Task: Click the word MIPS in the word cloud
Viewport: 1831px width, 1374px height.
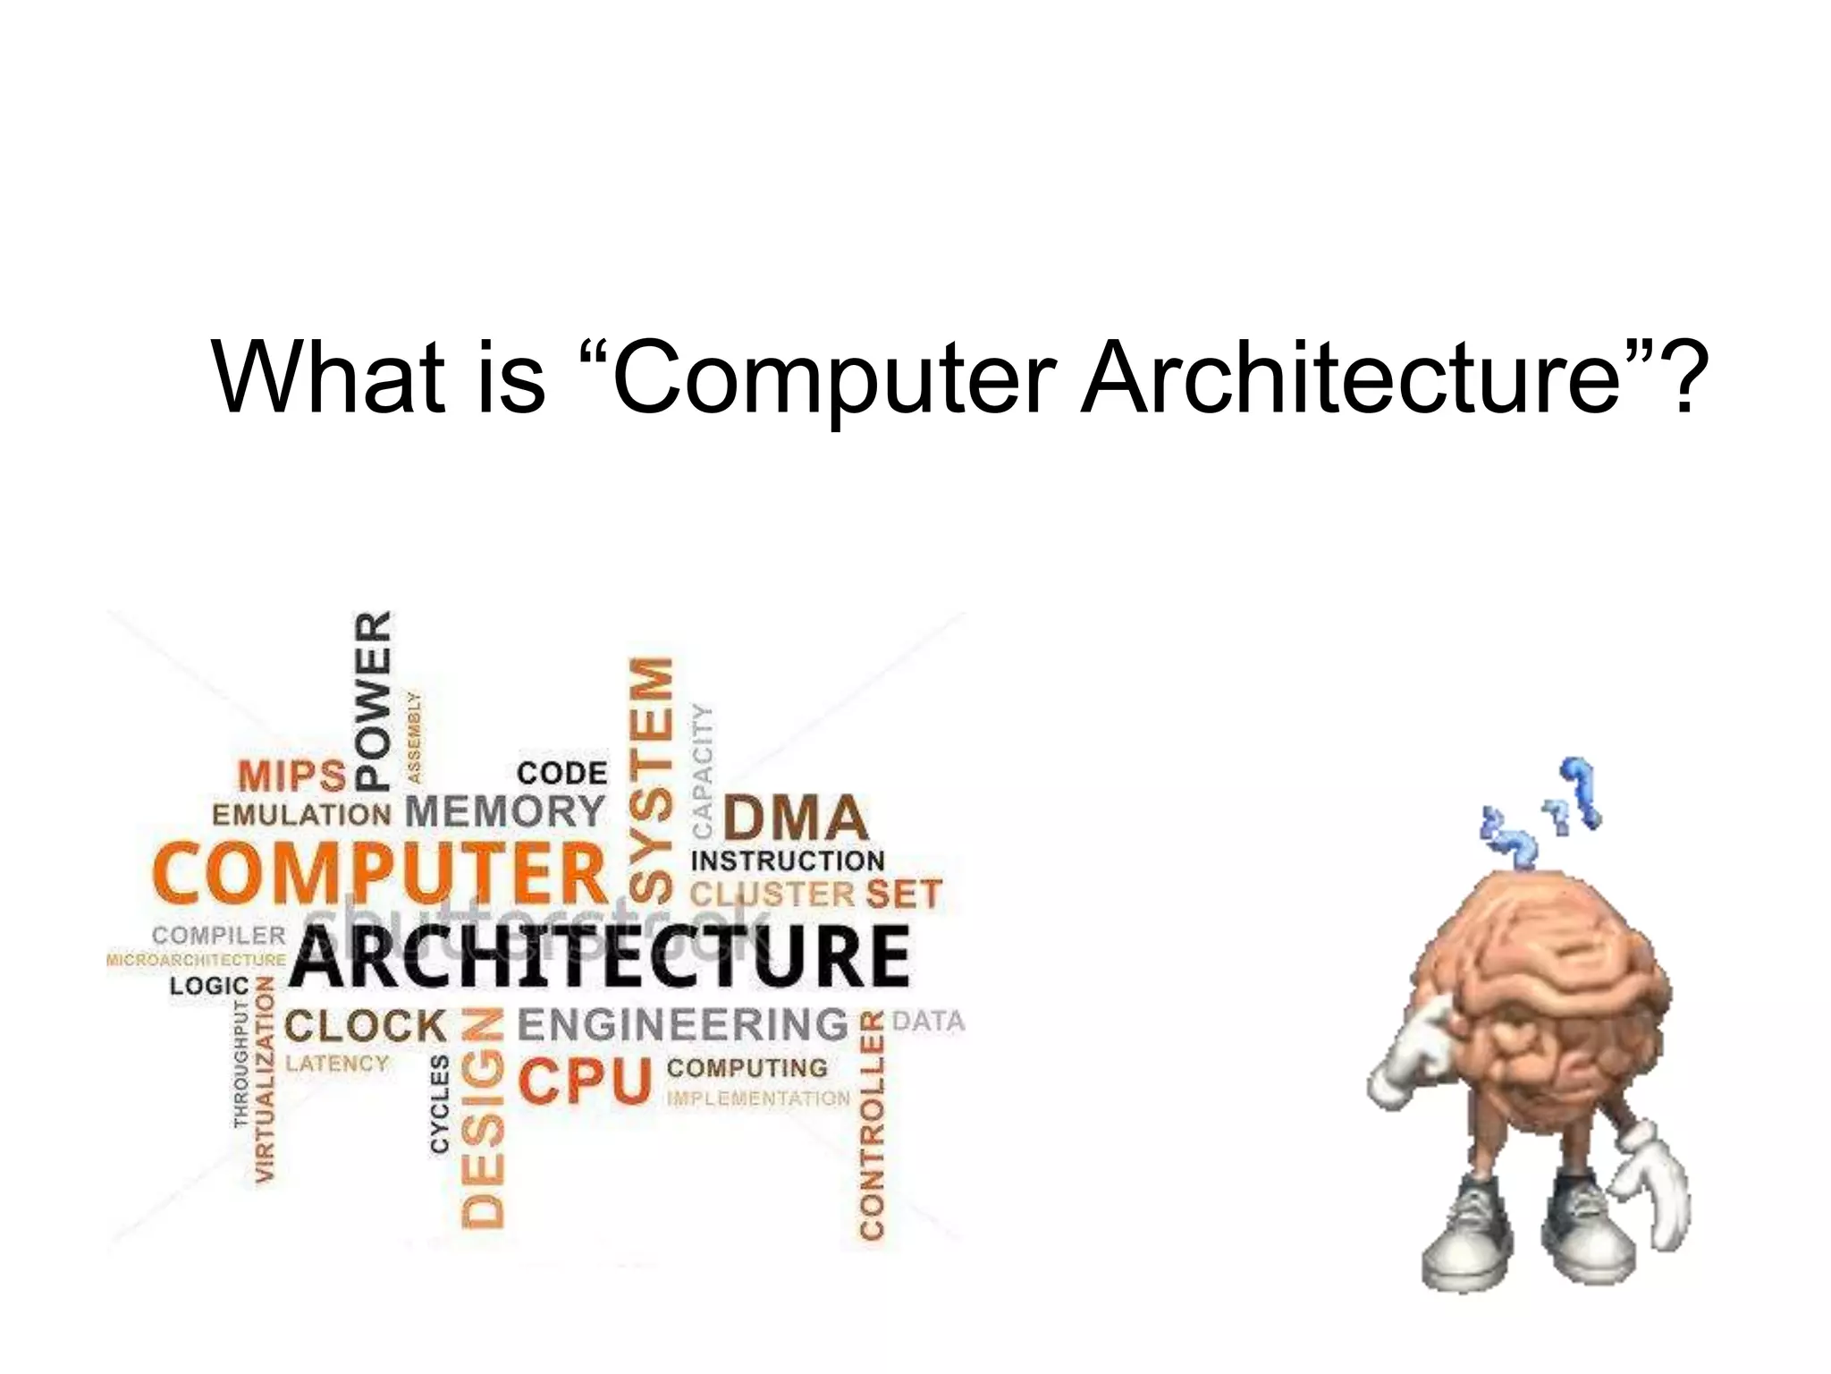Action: pyautogui.click(x=291, y=776)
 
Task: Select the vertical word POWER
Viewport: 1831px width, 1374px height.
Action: pyautogui.click(x=374, y=700)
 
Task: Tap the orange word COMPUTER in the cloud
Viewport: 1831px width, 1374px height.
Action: pyautogui.click(x=380, y=873)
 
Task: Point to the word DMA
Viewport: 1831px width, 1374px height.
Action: pyautogui.click(x=795, y=818)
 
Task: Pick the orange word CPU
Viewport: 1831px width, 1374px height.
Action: pyautogui.click(x=586, y=1081)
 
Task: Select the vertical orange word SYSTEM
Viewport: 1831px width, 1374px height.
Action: pyautogui.click(x=651, y=779)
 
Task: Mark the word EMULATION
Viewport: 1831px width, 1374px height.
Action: pyautogui.click(x=301, y=815)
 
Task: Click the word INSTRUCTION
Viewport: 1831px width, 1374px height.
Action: pyautogui.click(x=788, y=861)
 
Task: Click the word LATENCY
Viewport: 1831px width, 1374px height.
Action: pyautogui.click(x=337, y=1064)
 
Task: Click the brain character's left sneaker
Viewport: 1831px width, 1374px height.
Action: pyautogui.click(x=1466, y=1239)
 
